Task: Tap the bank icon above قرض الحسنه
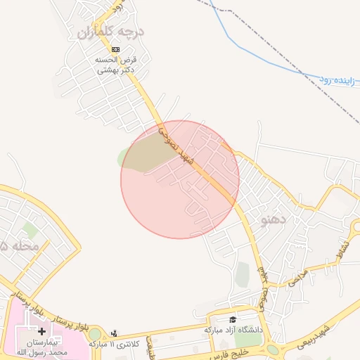(115, 49)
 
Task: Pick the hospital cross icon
(41, 330)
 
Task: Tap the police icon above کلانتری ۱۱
(115, 333)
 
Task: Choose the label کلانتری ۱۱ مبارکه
(111, 344)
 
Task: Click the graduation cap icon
(233, 319)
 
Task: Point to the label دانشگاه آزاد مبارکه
(233, 329)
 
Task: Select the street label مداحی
(298, 278)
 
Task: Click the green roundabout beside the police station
(95, 333)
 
